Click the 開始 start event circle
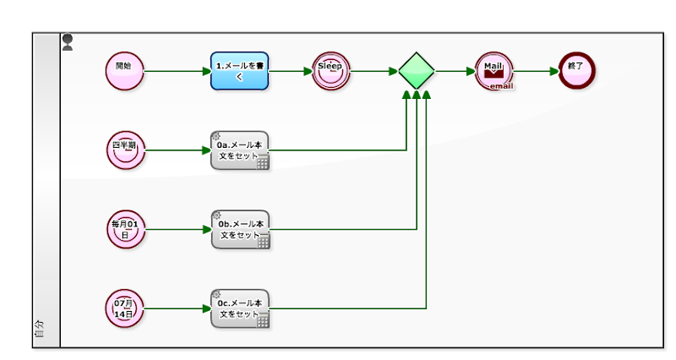(x=124, y=71)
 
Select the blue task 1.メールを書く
(x=240, y=71)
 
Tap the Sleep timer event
(x=331, y=71)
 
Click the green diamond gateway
(x=417, y=71)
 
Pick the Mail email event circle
(x=494, y=71)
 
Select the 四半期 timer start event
(x=125, y=150)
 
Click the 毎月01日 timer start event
(x=125, y=229)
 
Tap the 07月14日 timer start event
(x=124, y=308)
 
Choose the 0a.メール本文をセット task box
(x=240, y=150)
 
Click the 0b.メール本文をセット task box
(x=241, y=230)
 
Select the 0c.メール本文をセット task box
(x=240, y=308)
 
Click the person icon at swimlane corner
(x=68, y=42)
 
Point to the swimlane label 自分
(x=39, y=329)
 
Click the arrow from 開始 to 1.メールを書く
(x=177, y=71)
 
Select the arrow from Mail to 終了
(x=536, y=71)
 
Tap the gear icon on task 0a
(x=216, y=136)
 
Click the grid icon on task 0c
(x=263, y=320)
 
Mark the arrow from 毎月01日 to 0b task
(x=178, y=229)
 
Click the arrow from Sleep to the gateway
(x=374, y=71)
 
